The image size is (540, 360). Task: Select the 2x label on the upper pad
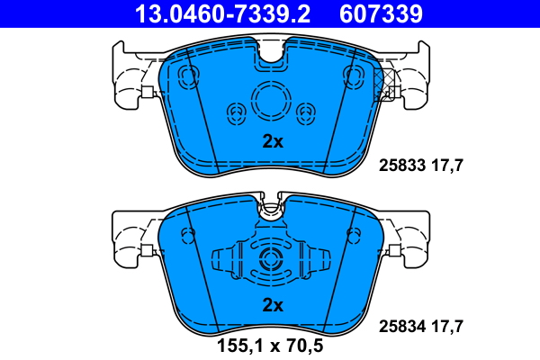(272, 140)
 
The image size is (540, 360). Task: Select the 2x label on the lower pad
(272, 305)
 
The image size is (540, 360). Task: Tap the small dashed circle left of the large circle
(238, 112)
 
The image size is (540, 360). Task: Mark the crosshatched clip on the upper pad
(389, 80)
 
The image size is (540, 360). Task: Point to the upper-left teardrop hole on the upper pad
(189, 75)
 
